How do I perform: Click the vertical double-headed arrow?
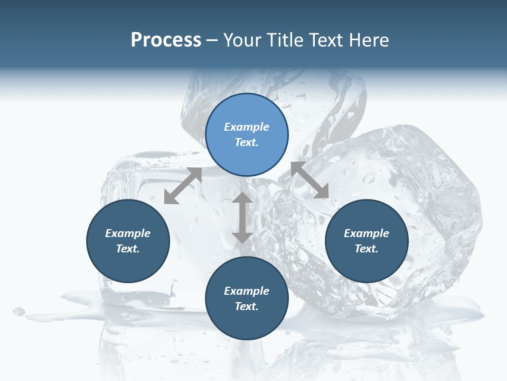click(x=242, y=217)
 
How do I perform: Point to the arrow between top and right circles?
click(x=309, y=180)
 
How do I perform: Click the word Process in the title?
click(x=166, y=40)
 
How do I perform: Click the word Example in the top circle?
click(x=247, y=127)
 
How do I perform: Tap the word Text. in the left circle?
click(x=128, y=249)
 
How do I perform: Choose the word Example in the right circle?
click(x=367, y=233)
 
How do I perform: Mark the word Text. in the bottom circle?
click(x=247, y=306)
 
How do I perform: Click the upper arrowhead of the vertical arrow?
click(x=242, y=199)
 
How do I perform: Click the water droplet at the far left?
click(x=19, y=311)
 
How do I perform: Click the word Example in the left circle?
click(x=128, y=233)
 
